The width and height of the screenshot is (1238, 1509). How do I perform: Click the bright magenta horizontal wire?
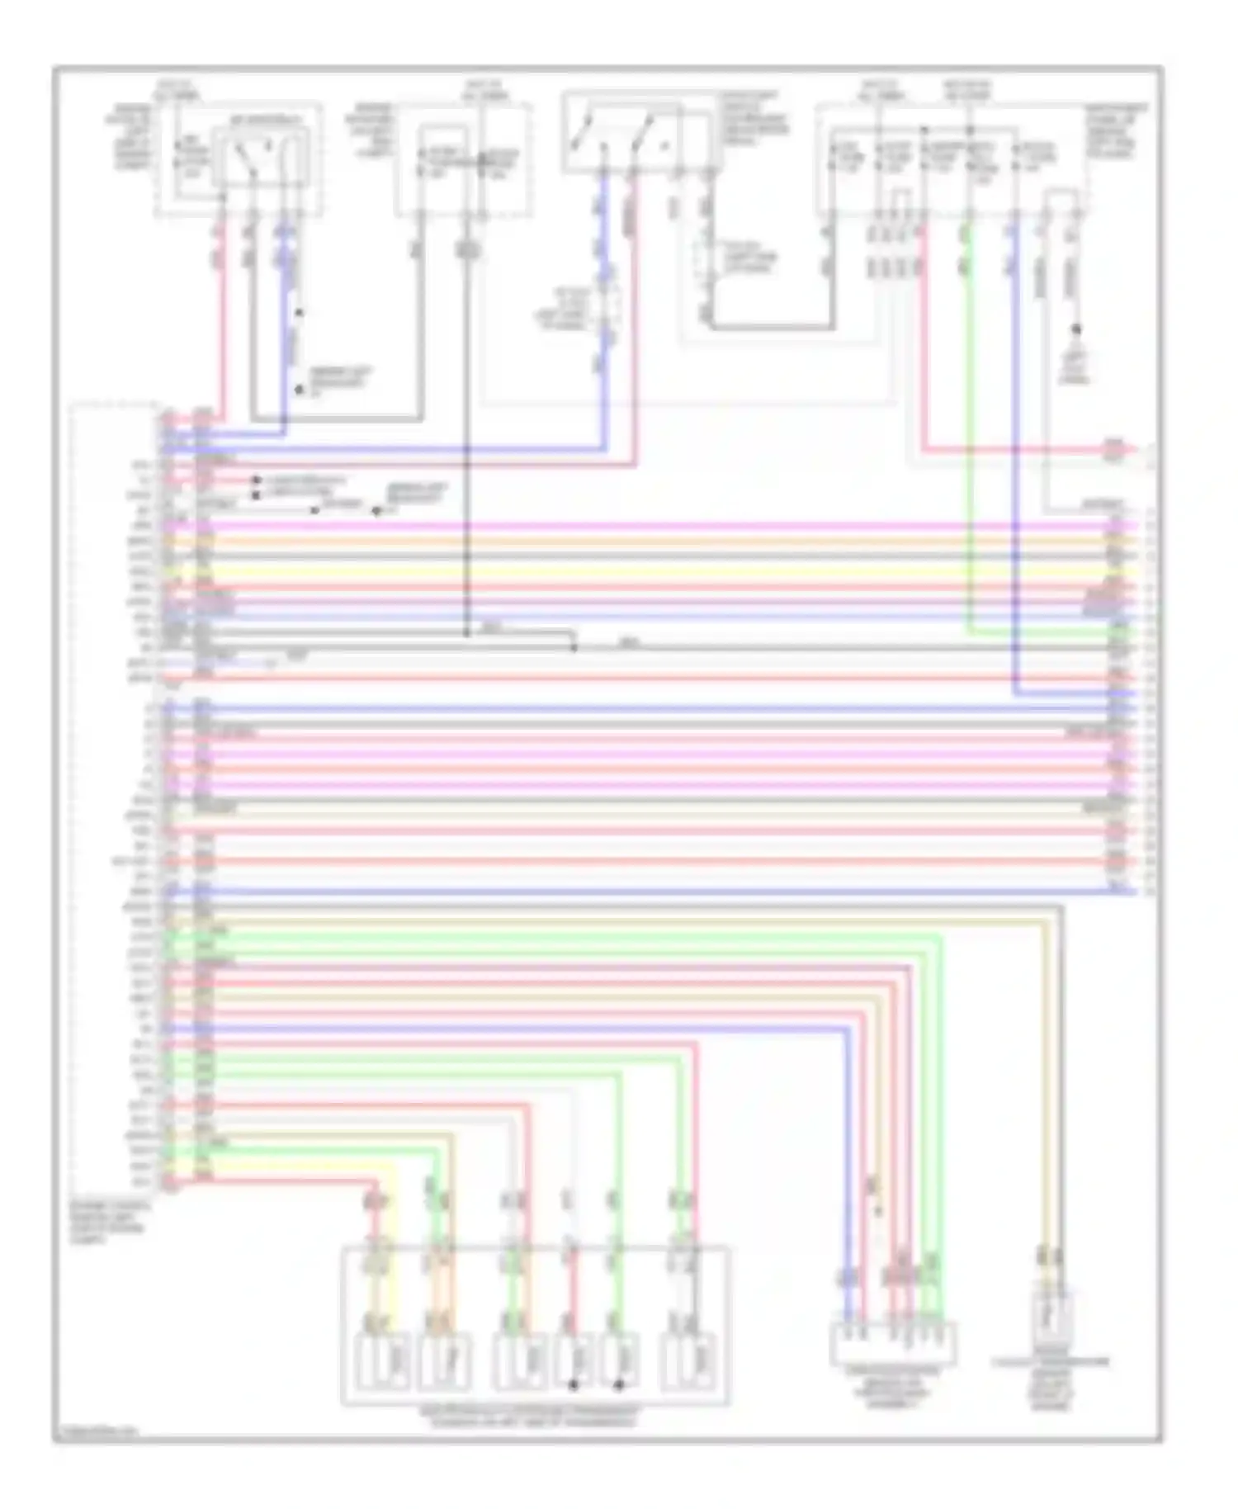tap(660, 526)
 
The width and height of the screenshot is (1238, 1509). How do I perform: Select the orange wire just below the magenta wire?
tap(660, 541)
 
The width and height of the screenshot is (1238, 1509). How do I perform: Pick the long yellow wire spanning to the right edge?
tap(660, 570)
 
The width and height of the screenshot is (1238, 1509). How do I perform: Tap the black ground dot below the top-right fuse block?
tap(1076, 330)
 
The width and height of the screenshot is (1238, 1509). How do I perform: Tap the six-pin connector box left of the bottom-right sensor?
tap(893, 1343)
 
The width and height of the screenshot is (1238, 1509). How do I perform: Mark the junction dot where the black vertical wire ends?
tap(466, 634)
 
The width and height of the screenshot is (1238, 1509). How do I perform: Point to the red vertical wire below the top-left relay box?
tap(221, 330)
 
